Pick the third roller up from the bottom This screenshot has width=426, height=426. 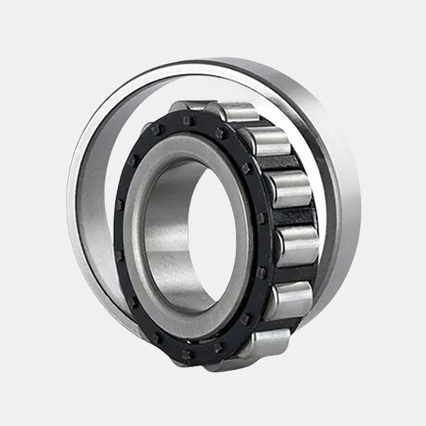[298, 246]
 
